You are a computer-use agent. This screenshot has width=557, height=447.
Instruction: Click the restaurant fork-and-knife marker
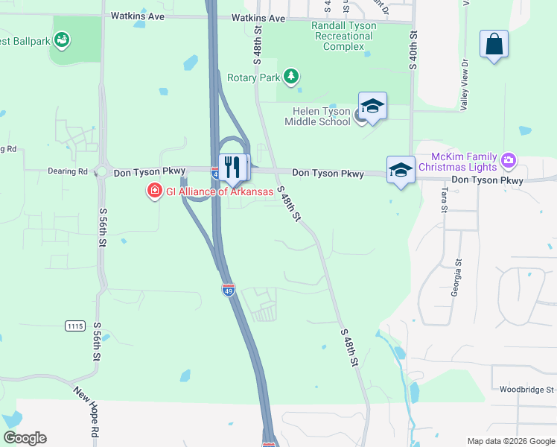click(x=234, y=167)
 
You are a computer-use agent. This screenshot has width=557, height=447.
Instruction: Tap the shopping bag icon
click(x=494, y=44)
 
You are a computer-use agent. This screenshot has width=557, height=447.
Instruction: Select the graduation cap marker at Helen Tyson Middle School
click(x=372, y=106)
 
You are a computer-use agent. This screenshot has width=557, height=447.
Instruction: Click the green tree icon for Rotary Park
click(x=291, y=77)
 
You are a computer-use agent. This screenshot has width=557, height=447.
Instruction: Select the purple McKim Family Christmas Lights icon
click(x=509, y=159)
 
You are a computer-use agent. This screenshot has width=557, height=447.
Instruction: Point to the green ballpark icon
click(x=62, y=38)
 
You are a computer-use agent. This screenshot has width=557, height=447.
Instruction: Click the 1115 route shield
click(x=74, y=326)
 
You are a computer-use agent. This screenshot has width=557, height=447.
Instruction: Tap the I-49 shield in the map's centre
click(x=228, y=289)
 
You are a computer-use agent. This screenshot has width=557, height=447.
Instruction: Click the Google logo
click(x=25, y=438)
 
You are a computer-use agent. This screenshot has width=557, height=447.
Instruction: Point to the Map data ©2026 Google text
click(x=510, y=441)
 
